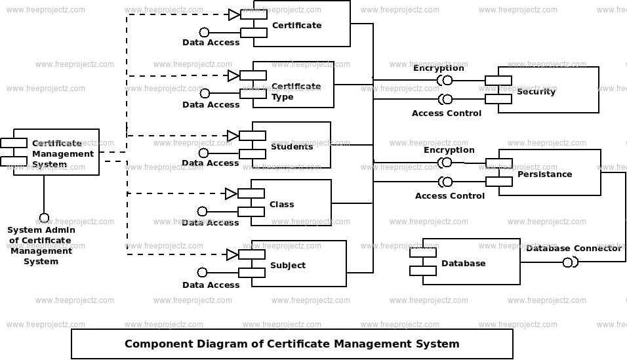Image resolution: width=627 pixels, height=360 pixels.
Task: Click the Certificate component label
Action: click(296, 25)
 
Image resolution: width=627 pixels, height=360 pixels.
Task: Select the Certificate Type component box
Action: click(293, 85)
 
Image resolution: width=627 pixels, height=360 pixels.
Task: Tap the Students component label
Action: click(292, 146)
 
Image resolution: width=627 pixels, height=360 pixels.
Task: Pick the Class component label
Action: click(281, 204)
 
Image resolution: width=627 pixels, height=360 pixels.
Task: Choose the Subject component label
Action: click(288, 265)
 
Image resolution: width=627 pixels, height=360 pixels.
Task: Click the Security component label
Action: click(536, 92)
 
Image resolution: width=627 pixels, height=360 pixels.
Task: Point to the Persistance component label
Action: click(544, 174)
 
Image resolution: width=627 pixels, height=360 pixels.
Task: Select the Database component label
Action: click(464, 263)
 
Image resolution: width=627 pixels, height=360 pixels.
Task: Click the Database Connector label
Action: click(574, 248)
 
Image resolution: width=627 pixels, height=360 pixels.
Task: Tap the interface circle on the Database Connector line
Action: click(567, 262)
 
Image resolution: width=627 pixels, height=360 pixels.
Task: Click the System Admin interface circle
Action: click(44, 218)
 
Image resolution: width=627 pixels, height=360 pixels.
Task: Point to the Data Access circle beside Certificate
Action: click(204, 32)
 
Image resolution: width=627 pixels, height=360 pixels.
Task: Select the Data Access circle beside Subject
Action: click(202, 272)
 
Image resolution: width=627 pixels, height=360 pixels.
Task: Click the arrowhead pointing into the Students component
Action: click(233, 136)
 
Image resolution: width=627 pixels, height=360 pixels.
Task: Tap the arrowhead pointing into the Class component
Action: click(231, 194)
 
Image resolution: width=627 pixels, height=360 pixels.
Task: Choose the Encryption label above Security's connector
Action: click(439, 68)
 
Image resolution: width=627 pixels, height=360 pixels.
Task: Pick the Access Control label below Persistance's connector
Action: click(450, 195)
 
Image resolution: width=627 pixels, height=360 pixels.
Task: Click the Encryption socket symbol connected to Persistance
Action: click(445, 163)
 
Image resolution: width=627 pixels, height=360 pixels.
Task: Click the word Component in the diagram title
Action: click(152, 344)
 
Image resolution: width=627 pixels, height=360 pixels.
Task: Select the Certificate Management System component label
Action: click(63, 153)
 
